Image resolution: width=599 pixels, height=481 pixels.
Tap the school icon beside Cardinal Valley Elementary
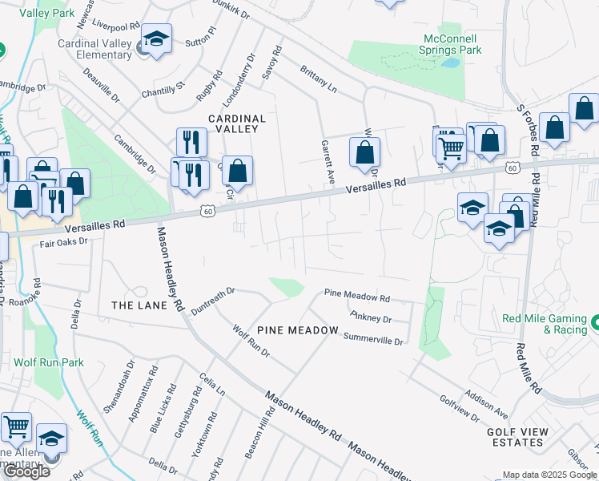[x=157, y=40]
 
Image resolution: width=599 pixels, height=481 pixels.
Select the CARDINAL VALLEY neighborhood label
[x=237, y=123]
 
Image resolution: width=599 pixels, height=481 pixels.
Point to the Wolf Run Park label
[x=49, y=362]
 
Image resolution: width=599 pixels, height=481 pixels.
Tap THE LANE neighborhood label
[x=139, y=305]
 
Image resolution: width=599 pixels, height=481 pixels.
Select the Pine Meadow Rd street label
[x=356, y=297]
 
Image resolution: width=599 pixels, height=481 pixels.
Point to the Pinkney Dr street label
[x=370, y=318]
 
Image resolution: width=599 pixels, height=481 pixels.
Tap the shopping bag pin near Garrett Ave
[x=364, y=152]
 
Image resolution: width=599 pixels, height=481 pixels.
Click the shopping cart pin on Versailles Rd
[x=451, y=146]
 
